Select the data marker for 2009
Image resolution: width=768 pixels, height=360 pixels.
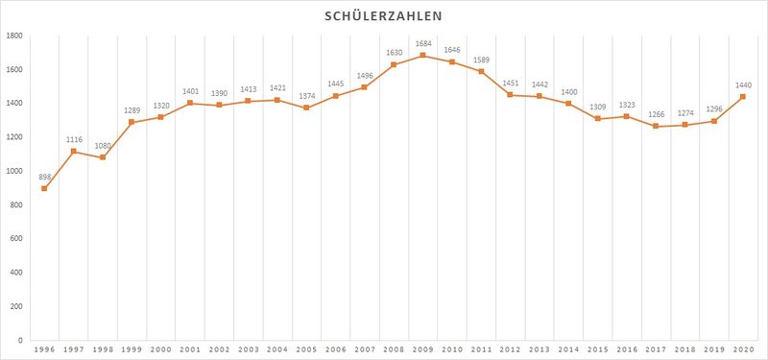pos(422,56)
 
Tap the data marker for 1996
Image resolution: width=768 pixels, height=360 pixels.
pos(44,188)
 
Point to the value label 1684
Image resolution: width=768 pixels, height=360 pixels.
pos(422,44)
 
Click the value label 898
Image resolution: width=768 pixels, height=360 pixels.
pos(44,177)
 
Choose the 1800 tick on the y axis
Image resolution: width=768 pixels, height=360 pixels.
pos(15,36)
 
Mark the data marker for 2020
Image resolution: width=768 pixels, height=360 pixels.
pos(743,97)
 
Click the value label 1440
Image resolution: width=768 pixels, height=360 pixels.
pos(743,85)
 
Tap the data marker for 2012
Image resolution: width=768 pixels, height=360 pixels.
pos(510,95)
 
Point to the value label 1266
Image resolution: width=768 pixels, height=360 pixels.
pos(656,114)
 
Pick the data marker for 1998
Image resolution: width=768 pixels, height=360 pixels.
pos(103,157)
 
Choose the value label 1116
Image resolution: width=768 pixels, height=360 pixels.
pos(74,140)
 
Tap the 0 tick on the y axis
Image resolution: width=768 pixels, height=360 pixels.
pos(20,340)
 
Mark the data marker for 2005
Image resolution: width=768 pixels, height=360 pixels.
pos(306,108)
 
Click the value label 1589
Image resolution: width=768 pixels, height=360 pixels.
pos(481,60)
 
